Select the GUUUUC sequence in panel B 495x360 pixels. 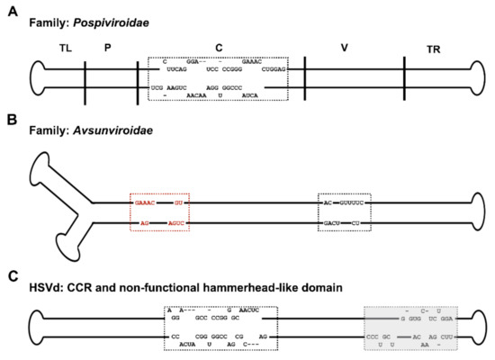pos(347,203)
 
